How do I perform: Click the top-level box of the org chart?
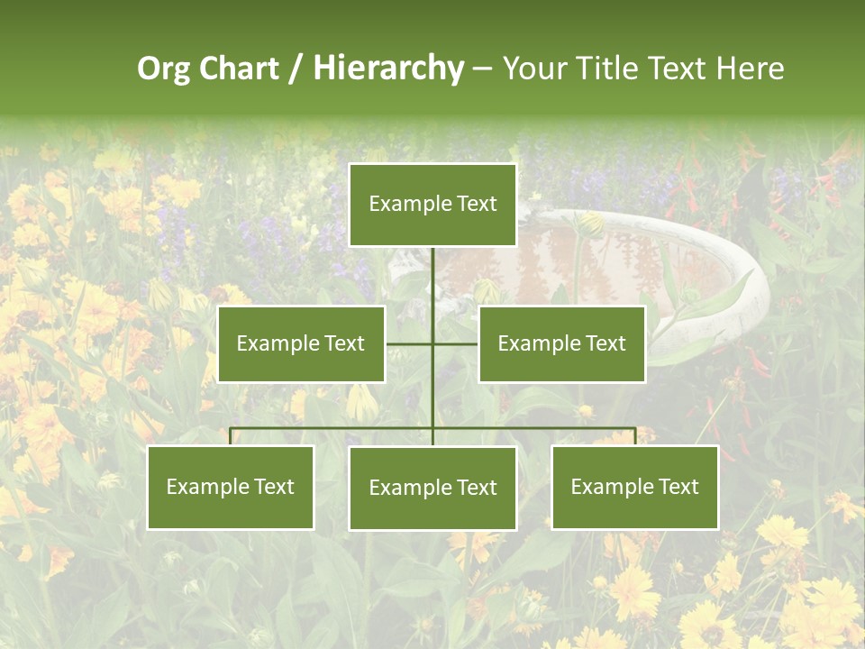tap(432, 205)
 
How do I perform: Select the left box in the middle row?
tap(301, 343)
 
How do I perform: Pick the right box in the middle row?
tap(561, 343)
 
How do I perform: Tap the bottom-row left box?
tap(230, 487)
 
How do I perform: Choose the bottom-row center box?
tap(432, 488)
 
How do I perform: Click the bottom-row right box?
tap(634, 487)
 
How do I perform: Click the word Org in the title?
tap(162, 69)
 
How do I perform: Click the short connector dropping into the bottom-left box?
tap(230, 436)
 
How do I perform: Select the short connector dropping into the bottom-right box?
tap(635, 436)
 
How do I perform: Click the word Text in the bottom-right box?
tap(677, 487)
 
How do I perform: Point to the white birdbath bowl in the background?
tap(721, 261)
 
